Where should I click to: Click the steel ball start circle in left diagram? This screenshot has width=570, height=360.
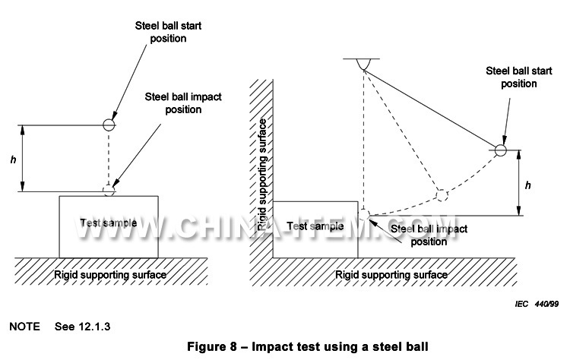tap(109, 124)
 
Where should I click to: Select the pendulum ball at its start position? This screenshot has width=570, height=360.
tap(501, 150)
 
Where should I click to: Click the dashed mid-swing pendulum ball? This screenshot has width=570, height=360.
tap(440, 194)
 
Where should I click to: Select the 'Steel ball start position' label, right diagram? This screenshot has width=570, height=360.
tap(517, 77)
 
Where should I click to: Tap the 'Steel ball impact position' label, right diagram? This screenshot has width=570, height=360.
tap(428, 235)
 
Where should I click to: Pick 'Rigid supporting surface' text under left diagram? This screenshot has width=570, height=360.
tap(109, 273)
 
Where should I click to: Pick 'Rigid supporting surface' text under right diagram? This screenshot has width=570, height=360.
tap(391, 273)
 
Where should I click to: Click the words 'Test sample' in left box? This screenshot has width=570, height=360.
tap(109, 223)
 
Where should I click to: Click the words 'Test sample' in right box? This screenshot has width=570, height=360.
tap(315, 226)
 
